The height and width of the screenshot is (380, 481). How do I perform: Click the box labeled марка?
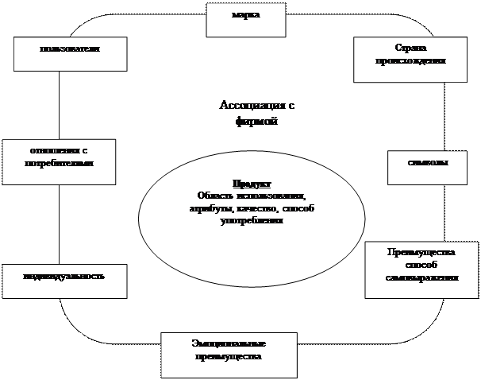pos(245,18)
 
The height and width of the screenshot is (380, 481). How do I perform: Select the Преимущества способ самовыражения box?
pos(421,269)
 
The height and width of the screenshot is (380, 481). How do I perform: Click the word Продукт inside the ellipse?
pos(252,183)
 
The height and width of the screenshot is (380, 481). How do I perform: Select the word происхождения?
pos(410,61)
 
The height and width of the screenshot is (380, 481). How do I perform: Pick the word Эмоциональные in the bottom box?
pos(229,344)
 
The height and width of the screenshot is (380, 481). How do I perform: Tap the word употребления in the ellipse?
pos(252,220)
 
